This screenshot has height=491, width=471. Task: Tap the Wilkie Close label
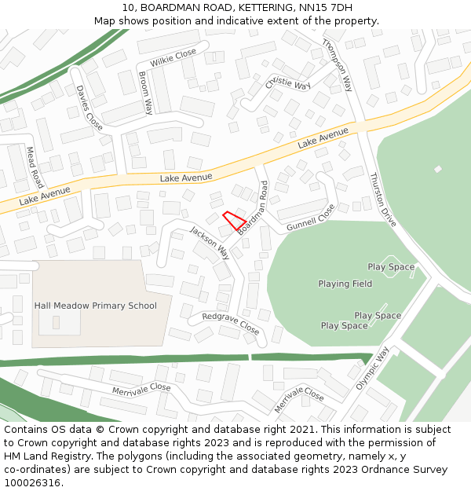pos(173,57)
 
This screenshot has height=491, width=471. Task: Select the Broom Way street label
pos(145,92)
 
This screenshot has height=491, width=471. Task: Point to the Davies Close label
pos(89,108)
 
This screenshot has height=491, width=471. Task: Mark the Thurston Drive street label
pos(382,200)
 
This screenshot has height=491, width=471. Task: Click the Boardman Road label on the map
pos(254,207)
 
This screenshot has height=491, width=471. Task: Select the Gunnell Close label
pos(311,217)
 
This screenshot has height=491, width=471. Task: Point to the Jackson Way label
pos(210,242)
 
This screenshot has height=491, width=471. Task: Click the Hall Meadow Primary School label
pos(95,306)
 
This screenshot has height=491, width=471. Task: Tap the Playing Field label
pos(345,284)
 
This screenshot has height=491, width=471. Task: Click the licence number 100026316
pos(32,483)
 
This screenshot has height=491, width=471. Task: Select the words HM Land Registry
pos(41,456)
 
